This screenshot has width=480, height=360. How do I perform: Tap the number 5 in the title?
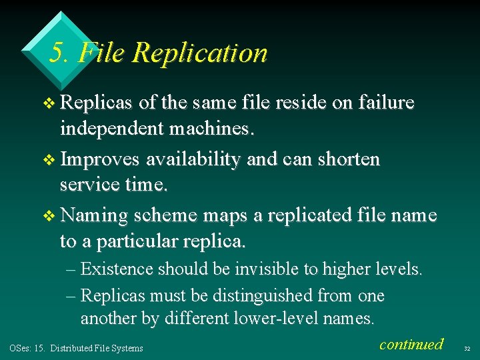coord(57,53)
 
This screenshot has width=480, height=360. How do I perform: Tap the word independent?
coord(115,127)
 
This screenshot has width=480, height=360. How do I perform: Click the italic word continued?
coord(411,344)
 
